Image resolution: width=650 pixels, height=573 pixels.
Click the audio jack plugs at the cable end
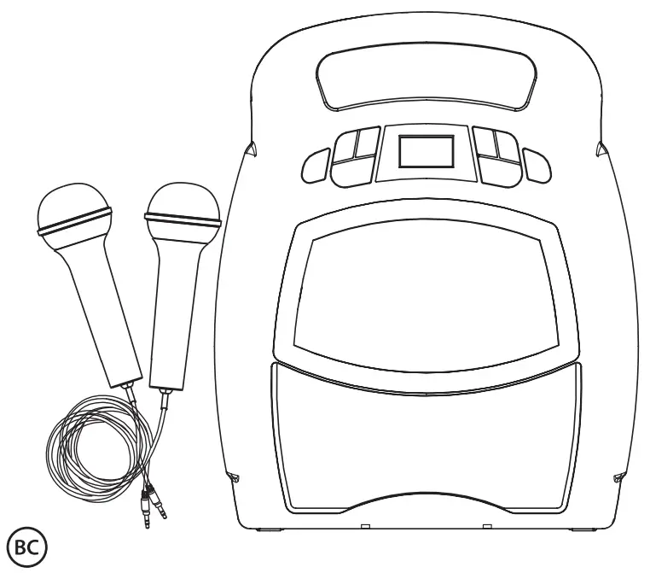pyautogui.click(x=154, y=508)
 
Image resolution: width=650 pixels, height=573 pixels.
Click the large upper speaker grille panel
pyautogui.click(x=424, y=290)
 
